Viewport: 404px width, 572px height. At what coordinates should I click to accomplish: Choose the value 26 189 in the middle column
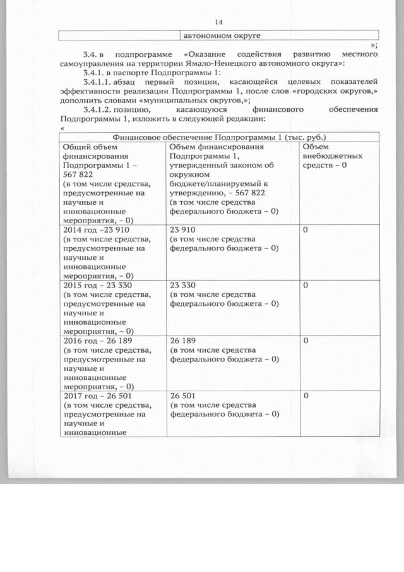pyautogui.click(x=182, y=340)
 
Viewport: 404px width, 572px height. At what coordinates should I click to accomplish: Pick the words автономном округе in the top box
pyautogui.click(x=222, y=35)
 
